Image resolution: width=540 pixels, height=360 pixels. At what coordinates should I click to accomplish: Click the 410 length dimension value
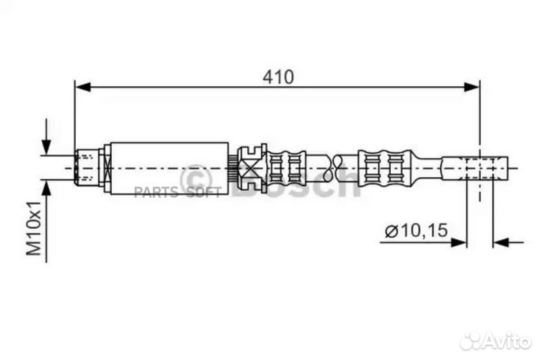277,76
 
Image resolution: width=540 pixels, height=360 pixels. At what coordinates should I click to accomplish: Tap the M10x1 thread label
34,228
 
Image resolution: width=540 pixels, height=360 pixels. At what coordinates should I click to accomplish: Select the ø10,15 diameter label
416,232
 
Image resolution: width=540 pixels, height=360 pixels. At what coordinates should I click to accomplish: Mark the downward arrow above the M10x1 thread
47,142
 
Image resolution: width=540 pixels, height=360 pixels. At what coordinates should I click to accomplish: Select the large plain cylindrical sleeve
169,168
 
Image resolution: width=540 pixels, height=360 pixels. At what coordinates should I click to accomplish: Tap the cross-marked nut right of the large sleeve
250,166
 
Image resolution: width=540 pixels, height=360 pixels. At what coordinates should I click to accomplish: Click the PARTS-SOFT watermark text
177,193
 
